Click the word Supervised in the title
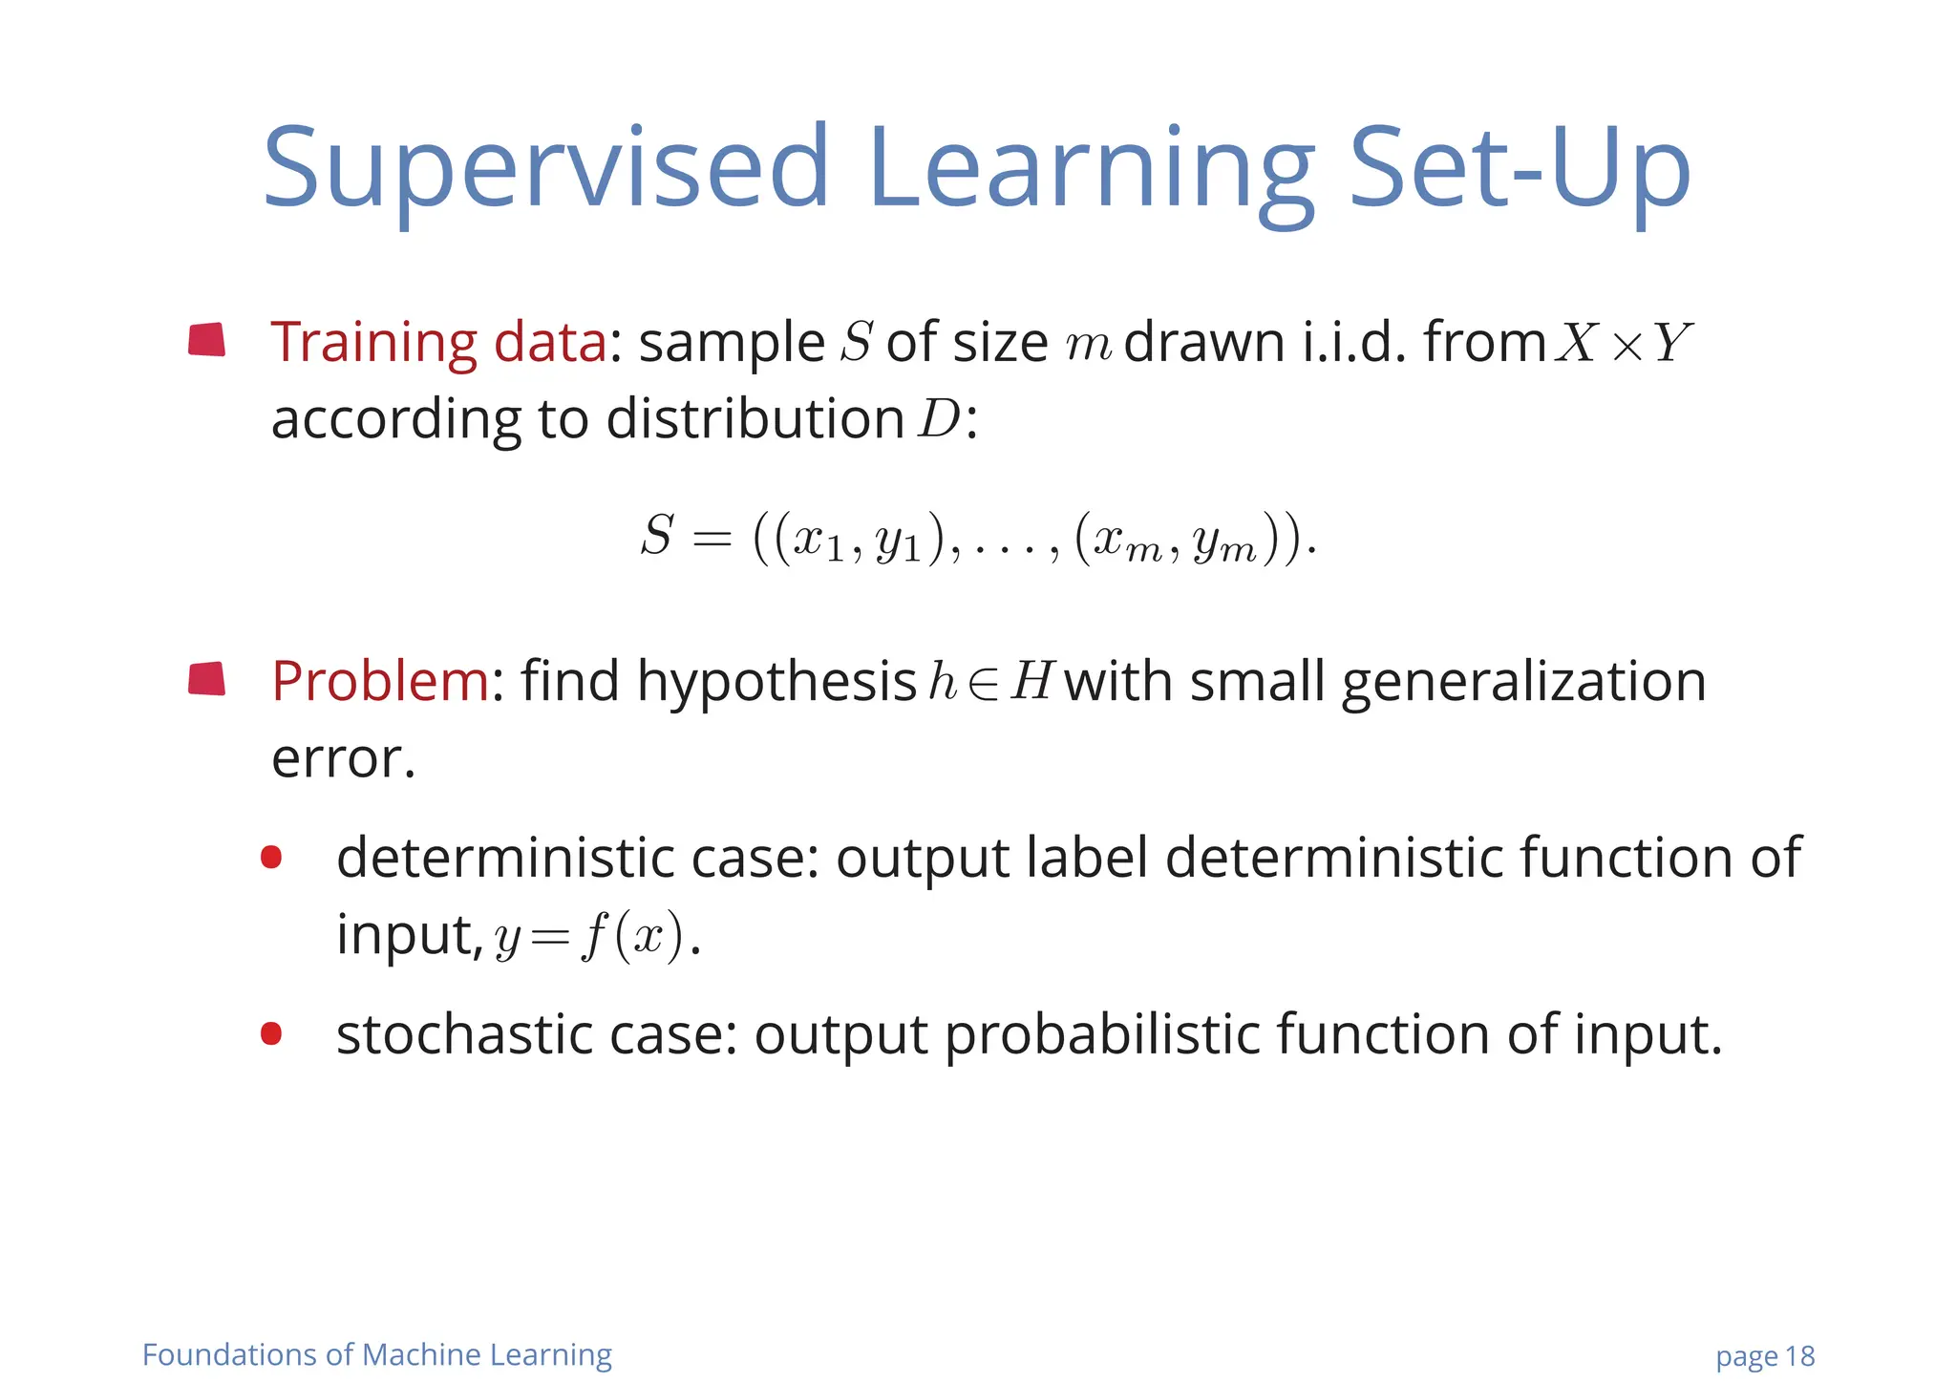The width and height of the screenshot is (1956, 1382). coord(545,170)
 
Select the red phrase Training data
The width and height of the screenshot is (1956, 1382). coord(438,342)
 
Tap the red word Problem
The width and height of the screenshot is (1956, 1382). coord(379,682)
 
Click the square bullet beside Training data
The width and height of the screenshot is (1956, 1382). coord(207,340)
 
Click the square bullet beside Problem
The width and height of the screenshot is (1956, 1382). coord(207,679)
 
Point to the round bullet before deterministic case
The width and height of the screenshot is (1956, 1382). coord(271,857)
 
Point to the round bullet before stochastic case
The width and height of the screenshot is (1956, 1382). coord(271,1033)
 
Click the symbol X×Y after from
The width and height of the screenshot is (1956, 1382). coord(1623,343)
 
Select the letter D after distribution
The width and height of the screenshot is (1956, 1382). coord(939,419)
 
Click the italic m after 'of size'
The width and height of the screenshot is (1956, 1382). coord(1088,345)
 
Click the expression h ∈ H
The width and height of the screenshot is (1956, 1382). coord(990,682)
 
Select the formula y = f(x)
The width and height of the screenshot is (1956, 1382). coord(590,936)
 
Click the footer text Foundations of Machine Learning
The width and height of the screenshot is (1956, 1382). coord(377,1354)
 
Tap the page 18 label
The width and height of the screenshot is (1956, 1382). coord(1764,1356)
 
